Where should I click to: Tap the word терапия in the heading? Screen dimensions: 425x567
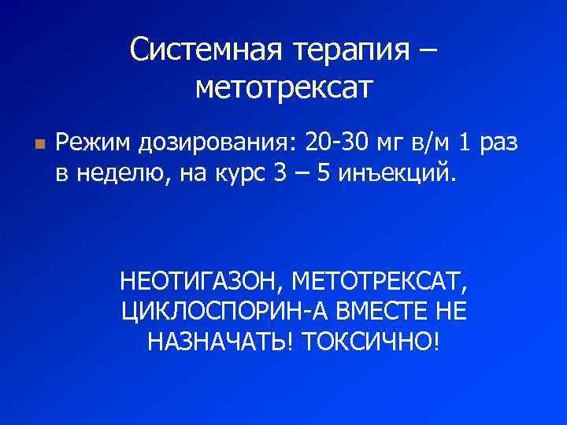351,51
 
